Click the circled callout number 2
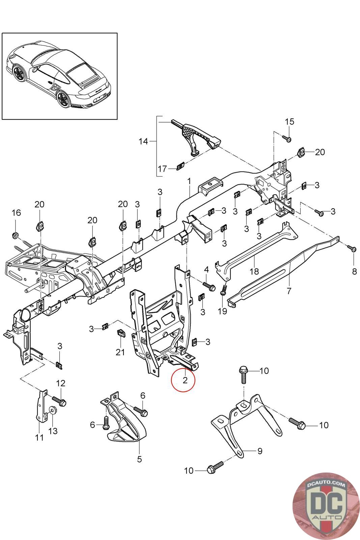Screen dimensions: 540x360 pyautogui.click(x=184, y=380)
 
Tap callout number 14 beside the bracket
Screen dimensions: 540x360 pyautogui.click(x=143, y=141)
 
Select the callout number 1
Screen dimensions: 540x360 pyautogui.click(x=189, y=181)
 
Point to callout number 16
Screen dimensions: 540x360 pyautogui.click(x=16, y=213)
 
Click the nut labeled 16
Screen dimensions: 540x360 pyautogui.click(x=15, y=234)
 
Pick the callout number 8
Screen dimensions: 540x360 pyautogui.click(x=354, y=271)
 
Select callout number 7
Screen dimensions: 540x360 pyautogui.click(x=289, y=291)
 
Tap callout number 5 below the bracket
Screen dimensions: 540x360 pyautogui.click(x=139, y=459)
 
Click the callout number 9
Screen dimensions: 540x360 pyautogui.click(x=259, y=451)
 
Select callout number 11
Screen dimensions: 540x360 pyautogui.click(x=39, y=438)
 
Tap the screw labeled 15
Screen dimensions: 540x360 pyautogui.click(x=287, y=138)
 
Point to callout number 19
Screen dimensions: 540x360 pyautogui.click(x=222, y=311)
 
